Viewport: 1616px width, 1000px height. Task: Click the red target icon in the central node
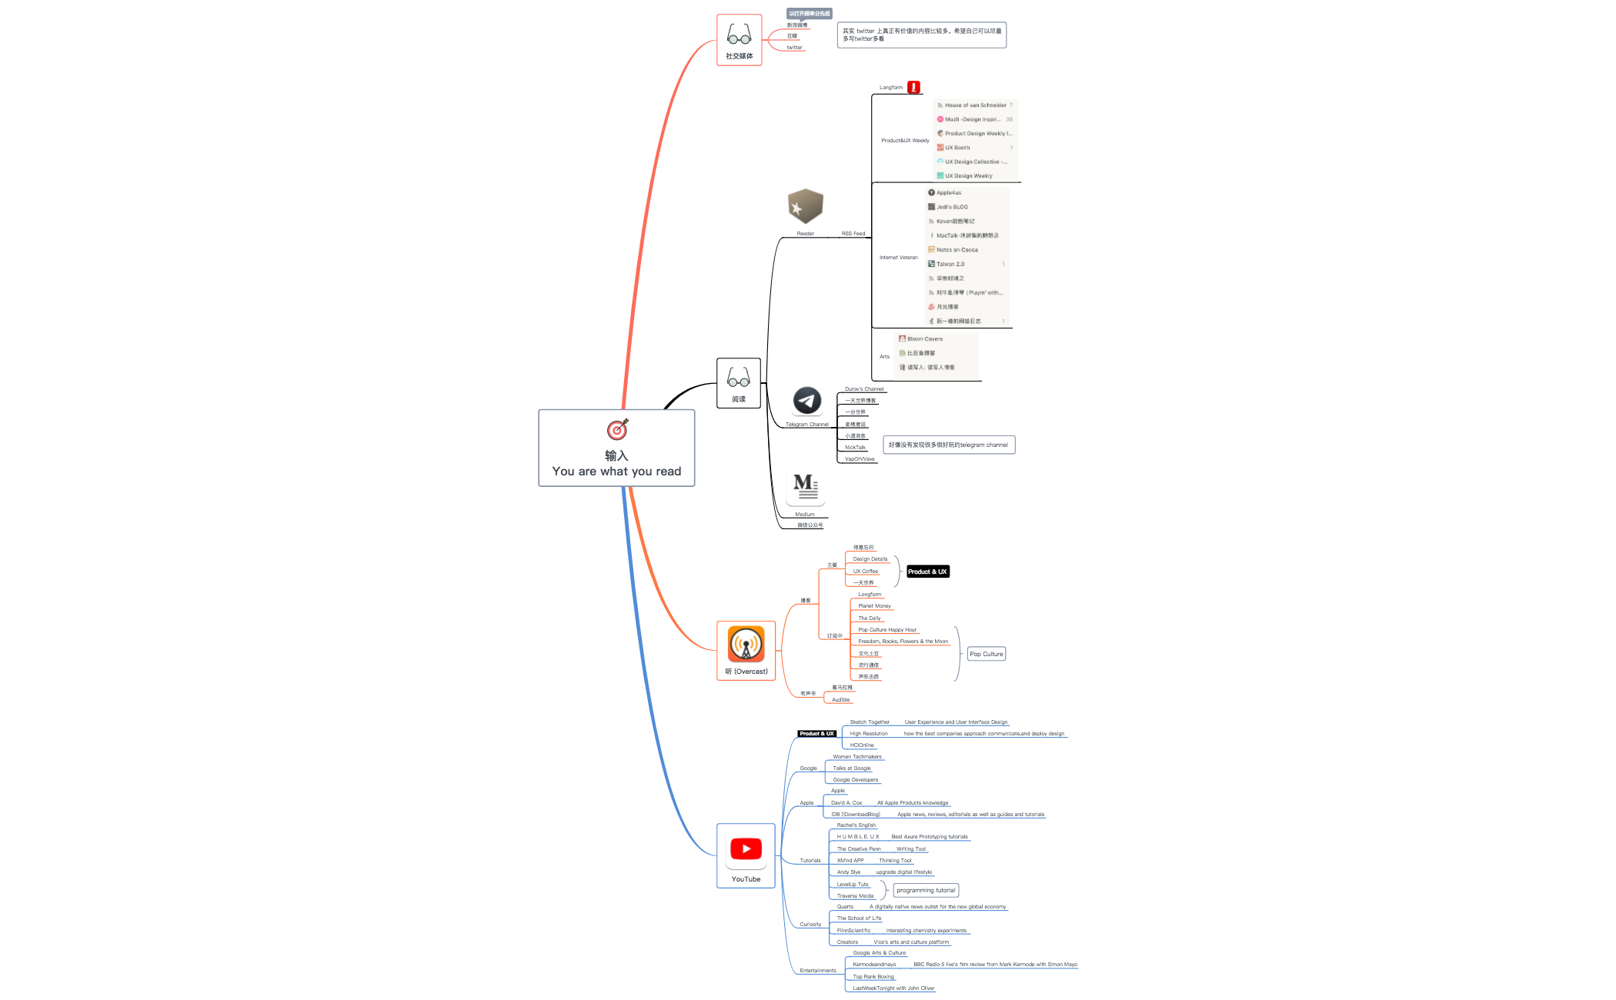point(617,429)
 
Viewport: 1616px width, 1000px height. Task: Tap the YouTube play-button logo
point(746,848)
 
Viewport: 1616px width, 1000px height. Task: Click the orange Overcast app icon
point(746,644)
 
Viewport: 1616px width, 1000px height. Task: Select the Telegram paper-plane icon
point(806,401)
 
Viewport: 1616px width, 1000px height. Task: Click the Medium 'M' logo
point(805,486)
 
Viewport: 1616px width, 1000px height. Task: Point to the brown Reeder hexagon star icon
point(805,206)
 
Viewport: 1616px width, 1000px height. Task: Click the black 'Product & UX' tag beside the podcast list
point(927,572)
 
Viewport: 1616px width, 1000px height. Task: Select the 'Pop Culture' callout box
point(987,654)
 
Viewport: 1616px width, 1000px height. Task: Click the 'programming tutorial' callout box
point(926,890)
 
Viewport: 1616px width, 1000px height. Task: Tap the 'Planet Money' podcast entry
point(874,606)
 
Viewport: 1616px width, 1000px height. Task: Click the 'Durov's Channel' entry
point(864,389)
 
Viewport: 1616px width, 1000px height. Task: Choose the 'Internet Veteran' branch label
point(898,258)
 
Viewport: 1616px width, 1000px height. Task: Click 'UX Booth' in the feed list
point(957,148)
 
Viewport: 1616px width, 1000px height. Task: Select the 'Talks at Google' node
point(852,768)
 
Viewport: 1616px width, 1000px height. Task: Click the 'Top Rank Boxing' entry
point(873,977)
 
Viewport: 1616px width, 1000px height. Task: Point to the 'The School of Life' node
point(859,918)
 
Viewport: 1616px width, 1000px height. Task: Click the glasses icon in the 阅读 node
point(738,378)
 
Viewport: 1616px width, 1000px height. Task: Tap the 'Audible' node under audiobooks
point(840,700)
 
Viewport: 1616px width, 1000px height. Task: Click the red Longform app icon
point(913,88)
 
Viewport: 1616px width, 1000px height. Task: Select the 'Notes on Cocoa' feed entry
point(957,250)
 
